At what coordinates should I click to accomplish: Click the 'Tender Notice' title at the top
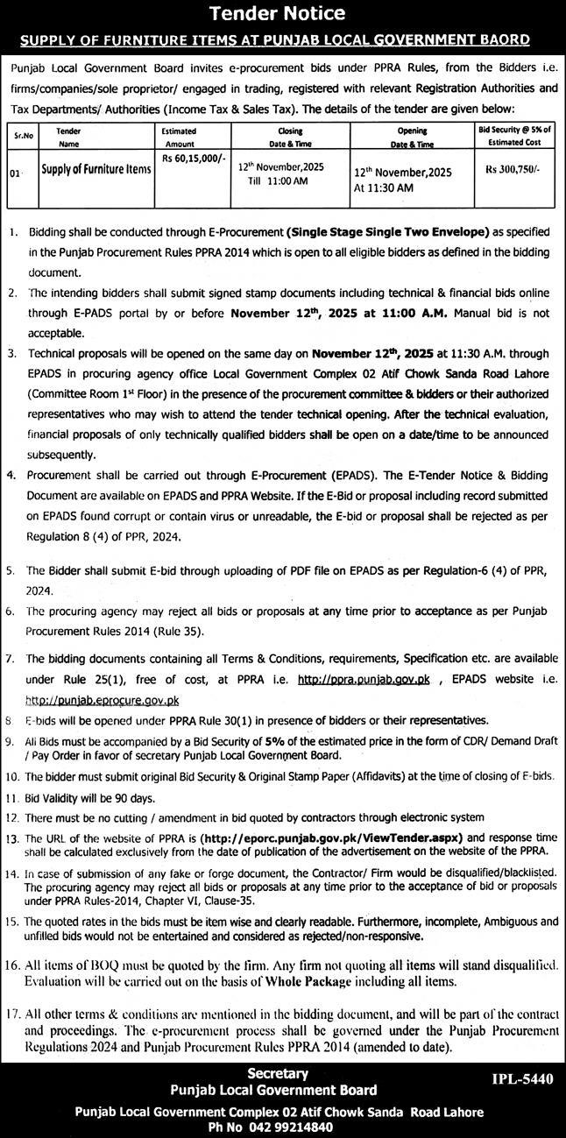282,13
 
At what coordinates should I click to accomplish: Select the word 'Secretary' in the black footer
278,1073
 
